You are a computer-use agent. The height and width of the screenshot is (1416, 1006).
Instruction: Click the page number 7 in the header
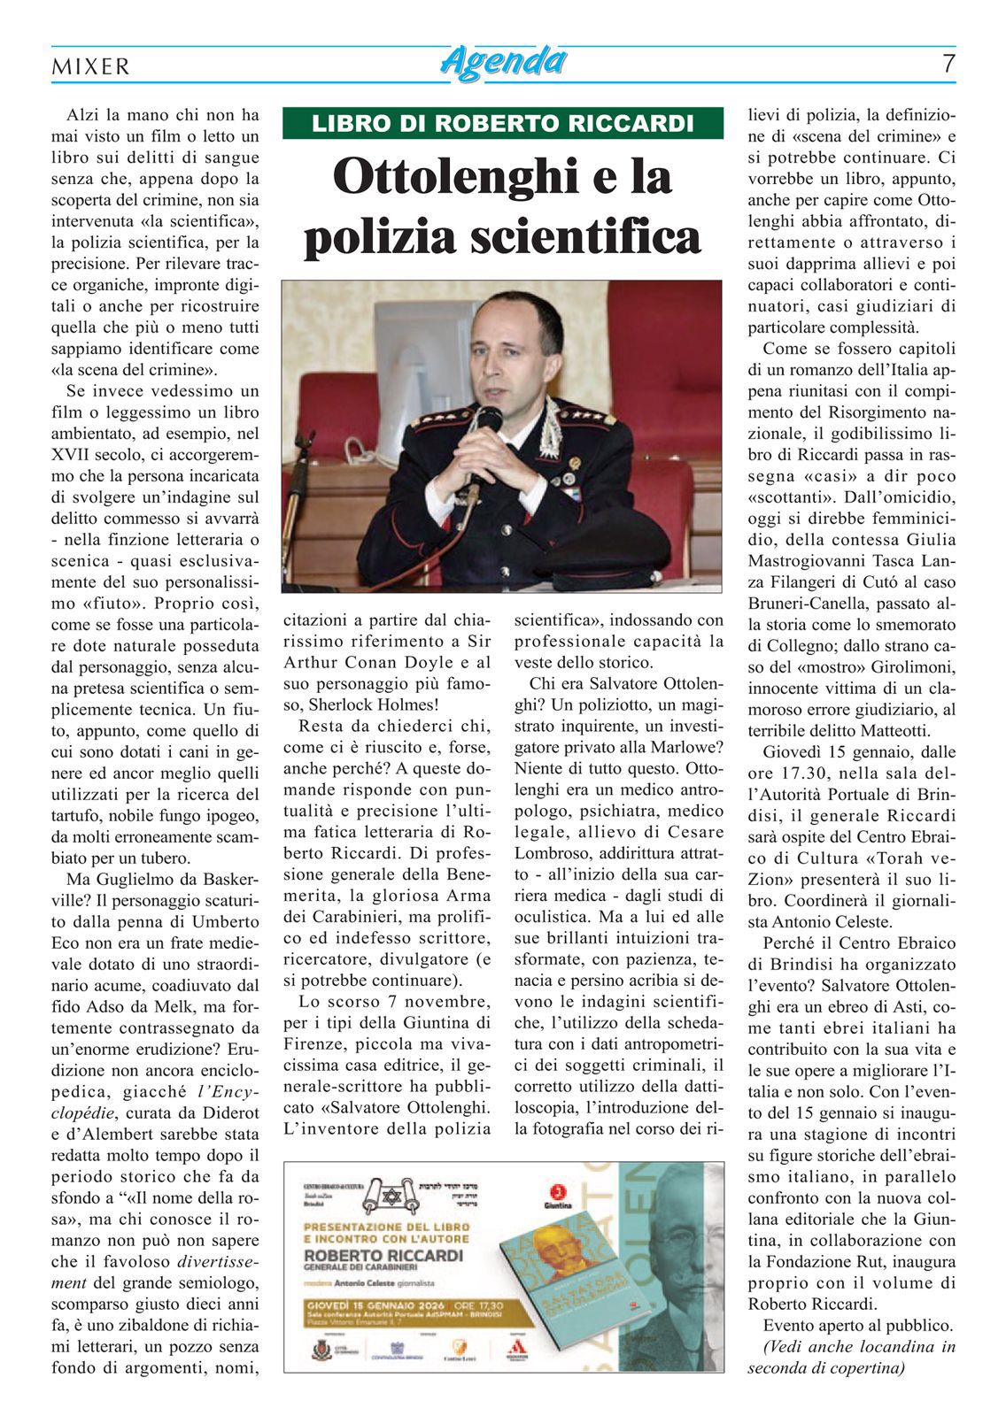tap(948, 64)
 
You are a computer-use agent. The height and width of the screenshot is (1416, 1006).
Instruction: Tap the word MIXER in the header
tap(91, 66)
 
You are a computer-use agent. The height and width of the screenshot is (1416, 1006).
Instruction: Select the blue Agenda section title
tap(503, 62)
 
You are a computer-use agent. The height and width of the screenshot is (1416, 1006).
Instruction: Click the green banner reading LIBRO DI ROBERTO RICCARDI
tap(503, 123)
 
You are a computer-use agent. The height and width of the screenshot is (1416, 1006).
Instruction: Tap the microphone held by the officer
tap(486, 423)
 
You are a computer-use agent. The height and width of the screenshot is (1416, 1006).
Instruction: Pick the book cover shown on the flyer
tap(567, 1274)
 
